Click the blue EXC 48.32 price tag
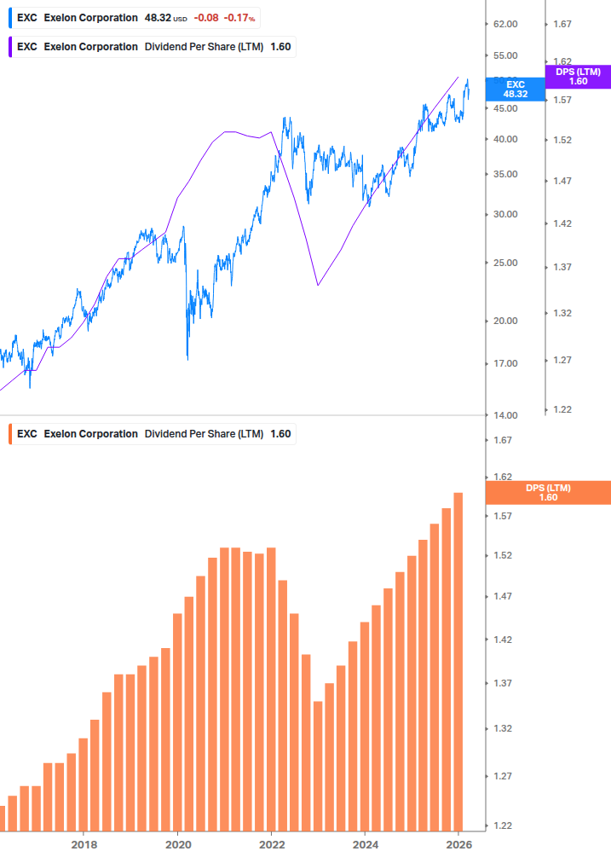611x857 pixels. pos(515,90)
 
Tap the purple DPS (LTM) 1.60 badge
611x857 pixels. pos(577,77)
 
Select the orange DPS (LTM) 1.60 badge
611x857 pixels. pos(547,492)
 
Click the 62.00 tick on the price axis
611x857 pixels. pos(506,25)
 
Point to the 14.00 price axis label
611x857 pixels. pos(506,415)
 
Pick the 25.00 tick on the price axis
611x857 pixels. pos(506,263)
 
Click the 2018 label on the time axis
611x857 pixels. pos(84,844)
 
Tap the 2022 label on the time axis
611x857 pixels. pos(271,844)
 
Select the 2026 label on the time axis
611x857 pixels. pos(458,844)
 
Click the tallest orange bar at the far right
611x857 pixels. pos(458,661)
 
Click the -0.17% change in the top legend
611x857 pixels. pos(239,18)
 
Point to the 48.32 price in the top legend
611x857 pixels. pos(158,18)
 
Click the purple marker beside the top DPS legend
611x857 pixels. pos(9,46)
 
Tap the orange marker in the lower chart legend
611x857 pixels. pos(9,433)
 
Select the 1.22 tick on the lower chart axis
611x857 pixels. pos(502,825)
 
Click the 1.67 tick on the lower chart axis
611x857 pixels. pos(502,440)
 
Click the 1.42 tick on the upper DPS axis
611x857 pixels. pos(562,223)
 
